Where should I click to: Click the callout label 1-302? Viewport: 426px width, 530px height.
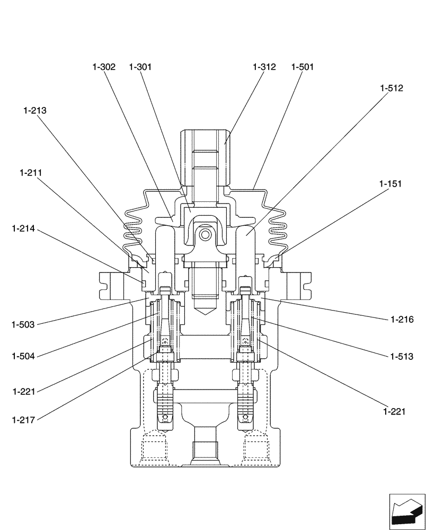pos(103,67)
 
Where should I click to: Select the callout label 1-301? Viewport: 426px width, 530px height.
pos(140,67)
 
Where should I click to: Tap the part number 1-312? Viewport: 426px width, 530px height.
pos(264,67)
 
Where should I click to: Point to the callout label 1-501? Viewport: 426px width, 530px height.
pos(303,67)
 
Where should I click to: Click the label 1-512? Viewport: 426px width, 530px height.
pos(392,89)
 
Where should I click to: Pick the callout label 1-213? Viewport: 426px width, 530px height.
pos(34,111)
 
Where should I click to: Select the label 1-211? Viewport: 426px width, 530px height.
pos(31,173)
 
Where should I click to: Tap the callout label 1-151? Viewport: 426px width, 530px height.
pos(390,184)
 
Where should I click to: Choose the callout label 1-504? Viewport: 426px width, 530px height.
pos(23,357)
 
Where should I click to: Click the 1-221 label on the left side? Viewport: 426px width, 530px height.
pos(24,392)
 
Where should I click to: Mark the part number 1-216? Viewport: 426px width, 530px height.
pos(401,320)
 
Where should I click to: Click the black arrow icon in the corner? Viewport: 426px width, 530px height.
pos(407,510)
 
